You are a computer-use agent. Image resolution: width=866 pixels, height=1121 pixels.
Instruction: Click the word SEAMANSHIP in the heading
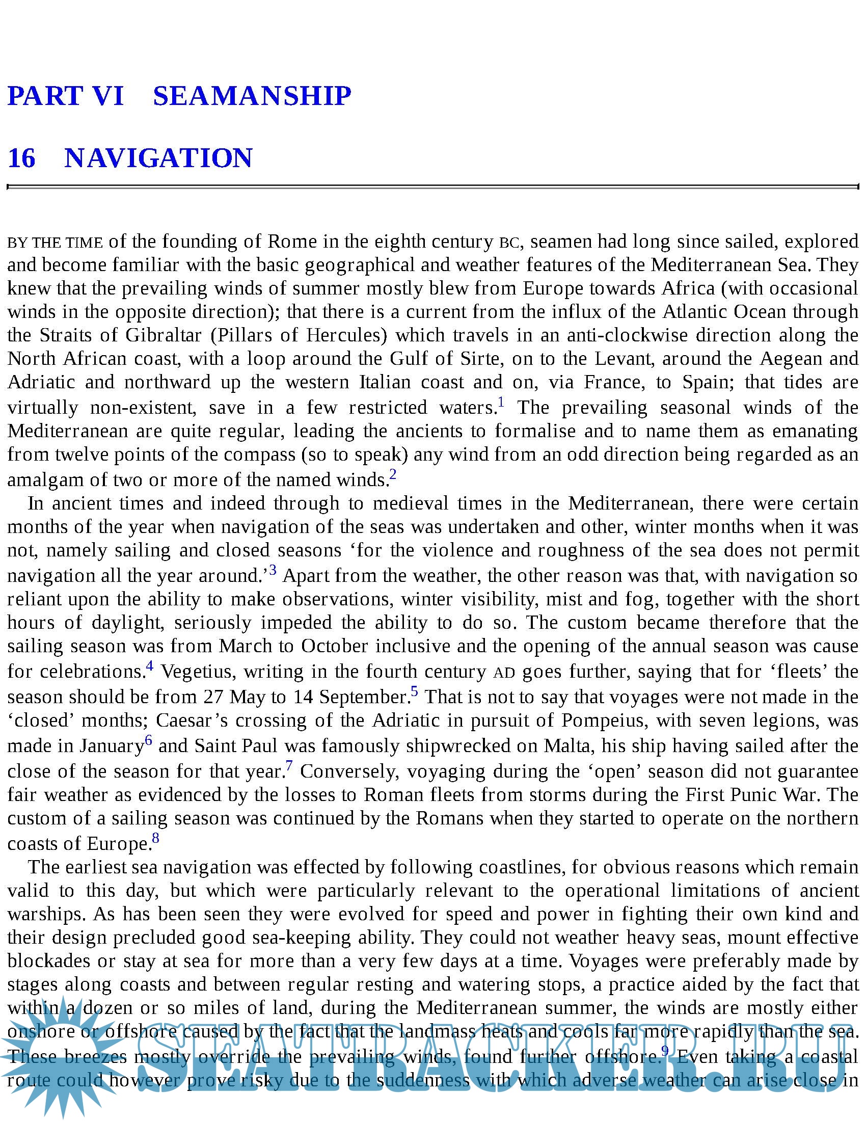252,96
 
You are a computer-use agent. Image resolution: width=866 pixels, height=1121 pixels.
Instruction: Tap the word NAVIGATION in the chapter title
158,157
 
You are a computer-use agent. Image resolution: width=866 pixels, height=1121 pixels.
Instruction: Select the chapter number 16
21,157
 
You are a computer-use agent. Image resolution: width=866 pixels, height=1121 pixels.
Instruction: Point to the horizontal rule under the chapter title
432,187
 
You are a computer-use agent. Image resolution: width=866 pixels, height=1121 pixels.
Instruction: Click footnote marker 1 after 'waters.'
501,402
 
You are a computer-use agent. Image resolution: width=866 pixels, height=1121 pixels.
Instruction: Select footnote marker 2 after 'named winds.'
393,474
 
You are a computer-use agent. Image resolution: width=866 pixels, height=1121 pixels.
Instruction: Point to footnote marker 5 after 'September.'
415,691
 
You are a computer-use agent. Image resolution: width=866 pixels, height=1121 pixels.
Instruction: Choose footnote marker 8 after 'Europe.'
155,838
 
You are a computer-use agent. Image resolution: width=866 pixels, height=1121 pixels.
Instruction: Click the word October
335,646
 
